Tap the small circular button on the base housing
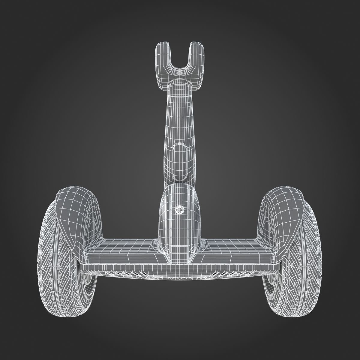[179, 209]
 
